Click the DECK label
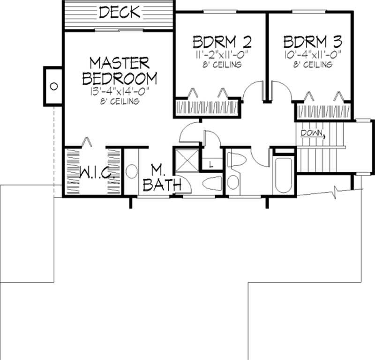click(x=119, y=12)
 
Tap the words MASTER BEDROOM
click(x=120, y=70)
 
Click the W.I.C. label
click(x=94, y=174)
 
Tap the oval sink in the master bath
click(x=132, y=172)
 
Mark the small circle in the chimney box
click(x=53, y=86)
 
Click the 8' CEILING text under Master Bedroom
click(x=120, y=101)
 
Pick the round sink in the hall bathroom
click(x=232, y=182)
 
